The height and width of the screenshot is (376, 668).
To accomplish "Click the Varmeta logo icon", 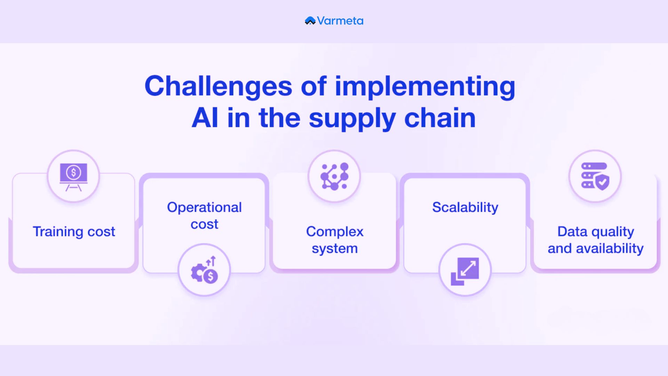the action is pos(310,21).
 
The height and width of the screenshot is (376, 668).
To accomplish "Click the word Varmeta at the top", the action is pos(340,21).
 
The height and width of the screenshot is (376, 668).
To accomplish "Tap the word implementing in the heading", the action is pos(425,87).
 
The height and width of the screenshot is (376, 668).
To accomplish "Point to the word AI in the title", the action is pos(205,118).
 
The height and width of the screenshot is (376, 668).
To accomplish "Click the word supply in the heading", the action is pos(352,119).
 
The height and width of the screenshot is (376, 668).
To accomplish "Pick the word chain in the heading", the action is pos(440,118).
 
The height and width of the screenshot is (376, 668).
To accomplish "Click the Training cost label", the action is pos(74,232).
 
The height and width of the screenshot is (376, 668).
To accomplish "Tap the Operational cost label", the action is pos(204,216).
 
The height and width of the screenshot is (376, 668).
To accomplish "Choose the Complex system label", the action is pos(335,240).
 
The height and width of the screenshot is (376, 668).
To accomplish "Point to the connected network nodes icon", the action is pos(334,177).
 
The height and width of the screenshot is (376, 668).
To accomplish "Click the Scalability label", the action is pos(465,207).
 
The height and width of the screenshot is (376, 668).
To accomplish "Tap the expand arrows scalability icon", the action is pos(465,271).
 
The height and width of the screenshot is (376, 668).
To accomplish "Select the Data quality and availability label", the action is pos(596,240).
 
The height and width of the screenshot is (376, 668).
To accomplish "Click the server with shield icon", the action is pos(595,176).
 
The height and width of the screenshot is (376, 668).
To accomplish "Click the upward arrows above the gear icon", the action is pos(211,261).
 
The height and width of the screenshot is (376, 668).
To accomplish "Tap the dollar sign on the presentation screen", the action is pos(73,172).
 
